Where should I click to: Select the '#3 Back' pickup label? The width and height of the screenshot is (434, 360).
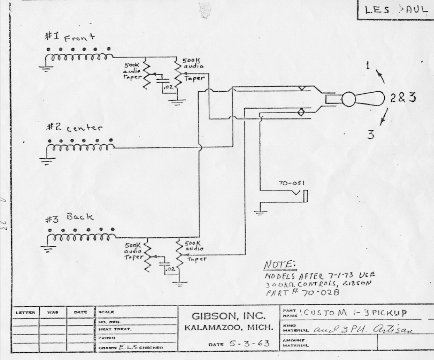70,218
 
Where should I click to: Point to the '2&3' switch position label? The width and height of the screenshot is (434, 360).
402,98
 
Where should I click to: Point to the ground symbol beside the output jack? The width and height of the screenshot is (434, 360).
260,213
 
